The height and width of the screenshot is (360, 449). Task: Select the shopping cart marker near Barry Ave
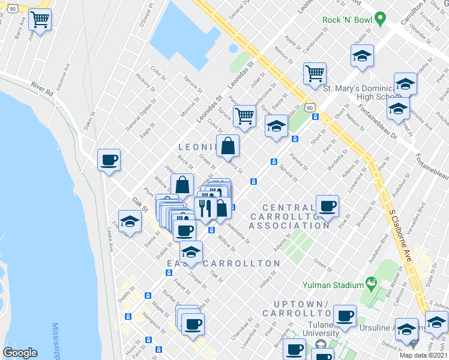[40, 20]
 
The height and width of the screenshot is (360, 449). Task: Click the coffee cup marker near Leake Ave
[109, 160]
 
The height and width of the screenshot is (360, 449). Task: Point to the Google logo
[20, 353]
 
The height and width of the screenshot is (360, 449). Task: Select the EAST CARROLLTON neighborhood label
[223, 264]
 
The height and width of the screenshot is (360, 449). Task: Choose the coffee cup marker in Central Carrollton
[327, 206]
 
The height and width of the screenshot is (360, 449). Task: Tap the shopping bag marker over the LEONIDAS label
[228, 146]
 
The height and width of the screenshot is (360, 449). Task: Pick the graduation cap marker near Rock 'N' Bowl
[362, 56]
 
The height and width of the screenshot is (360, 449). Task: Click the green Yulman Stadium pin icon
[371, 282]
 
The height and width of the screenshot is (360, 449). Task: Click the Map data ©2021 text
[423, 355]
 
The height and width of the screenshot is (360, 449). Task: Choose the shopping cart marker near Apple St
[315, 74]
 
